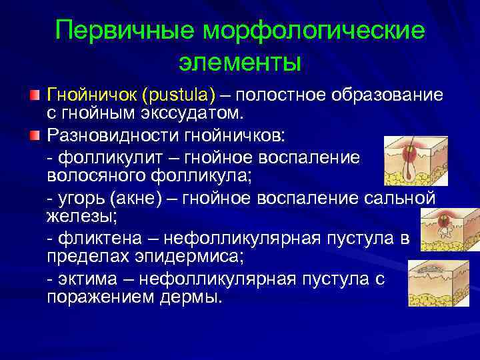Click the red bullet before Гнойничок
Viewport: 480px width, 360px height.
click(x=35, y=93)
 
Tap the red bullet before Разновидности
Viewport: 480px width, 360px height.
click(x=35, y=137)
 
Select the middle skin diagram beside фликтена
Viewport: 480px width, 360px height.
click(x=443, y=231)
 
